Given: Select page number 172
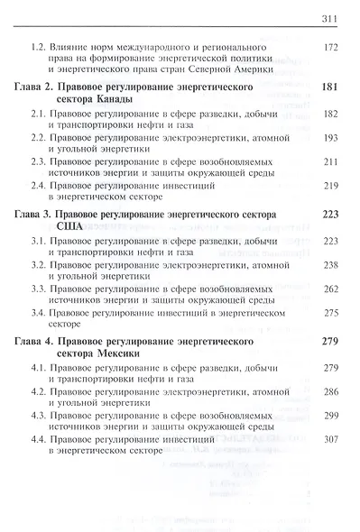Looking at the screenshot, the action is [x=332, y=45].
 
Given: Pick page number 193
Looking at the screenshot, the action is [x=332, y=142].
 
